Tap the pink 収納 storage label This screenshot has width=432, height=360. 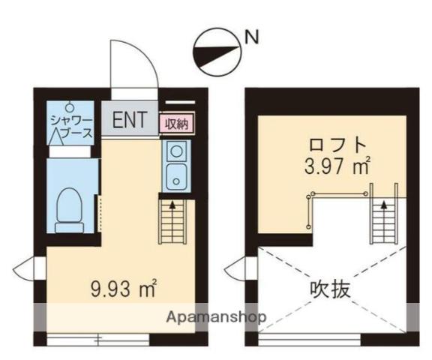(176, 123)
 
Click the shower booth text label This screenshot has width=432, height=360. (71, 128)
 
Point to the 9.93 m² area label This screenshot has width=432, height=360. (123, 287)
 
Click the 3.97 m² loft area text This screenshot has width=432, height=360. (337, 166)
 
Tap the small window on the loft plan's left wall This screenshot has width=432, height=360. (238, 267)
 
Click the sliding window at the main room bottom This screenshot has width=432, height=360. (97, 337)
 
